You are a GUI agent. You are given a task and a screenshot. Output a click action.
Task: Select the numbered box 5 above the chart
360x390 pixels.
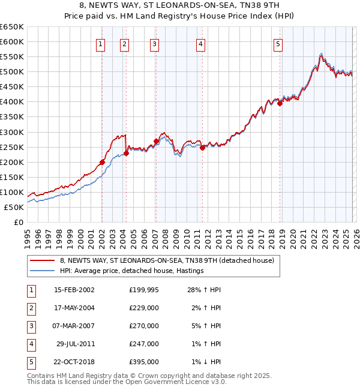278,43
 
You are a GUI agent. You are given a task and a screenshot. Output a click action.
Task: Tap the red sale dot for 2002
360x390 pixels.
102,162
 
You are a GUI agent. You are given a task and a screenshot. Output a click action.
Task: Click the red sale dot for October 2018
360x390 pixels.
280,103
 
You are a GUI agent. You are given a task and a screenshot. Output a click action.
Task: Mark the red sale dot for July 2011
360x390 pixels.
202,148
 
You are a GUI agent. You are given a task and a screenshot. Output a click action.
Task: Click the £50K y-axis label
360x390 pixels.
14,207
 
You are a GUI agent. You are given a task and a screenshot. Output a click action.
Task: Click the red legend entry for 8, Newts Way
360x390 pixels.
167,260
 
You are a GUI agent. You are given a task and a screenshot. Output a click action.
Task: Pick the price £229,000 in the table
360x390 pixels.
143,308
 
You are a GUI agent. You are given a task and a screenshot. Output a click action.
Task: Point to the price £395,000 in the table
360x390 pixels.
143,362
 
